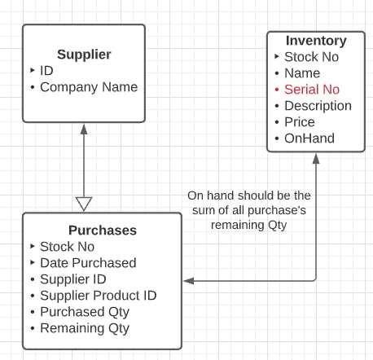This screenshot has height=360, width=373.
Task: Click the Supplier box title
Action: tap(83, 55)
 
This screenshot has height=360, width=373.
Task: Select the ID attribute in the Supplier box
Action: tap(46, 71)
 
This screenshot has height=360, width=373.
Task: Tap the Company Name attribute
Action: tap(89, 87)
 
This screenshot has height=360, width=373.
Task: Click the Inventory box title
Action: tap(316, 41)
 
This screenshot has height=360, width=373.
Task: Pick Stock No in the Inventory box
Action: tap(311, 57)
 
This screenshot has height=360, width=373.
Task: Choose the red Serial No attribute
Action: tap(312, 90)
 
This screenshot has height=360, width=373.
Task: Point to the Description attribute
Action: tap(318, 106)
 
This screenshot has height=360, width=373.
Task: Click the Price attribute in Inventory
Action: tap(299, 122)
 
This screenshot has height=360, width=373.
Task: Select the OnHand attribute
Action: tap(309, 138)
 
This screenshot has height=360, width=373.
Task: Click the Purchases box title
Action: tap(102, 230)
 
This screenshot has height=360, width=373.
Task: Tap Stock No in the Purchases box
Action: tap(67, 247)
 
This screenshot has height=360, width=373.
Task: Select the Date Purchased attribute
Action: tap(88, 263)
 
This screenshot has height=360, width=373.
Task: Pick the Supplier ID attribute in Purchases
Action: tap(73, 279)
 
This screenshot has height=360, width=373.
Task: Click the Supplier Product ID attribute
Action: tap(98, 296)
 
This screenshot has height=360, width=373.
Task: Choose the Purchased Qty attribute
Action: tap(84, 312)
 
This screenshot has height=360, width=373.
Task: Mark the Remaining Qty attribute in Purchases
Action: tap(84, 328)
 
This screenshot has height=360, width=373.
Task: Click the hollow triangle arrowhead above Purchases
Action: tap(84, 204)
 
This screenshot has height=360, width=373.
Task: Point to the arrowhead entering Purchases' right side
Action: tap(188, 280)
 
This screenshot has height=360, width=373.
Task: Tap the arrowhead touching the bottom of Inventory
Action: tap(316, 158)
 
